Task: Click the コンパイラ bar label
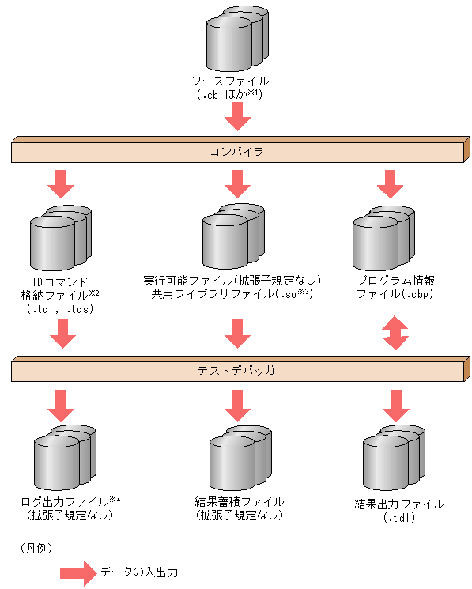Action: tap(236, 149)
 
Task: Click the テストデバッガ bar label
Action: tap(236, 368)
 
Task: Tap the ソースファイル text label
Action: tap(230, 81)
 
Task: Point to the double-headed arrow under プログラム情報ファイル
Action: tap(395, 333)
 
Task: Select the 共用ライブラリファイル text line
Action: tap(233, 294)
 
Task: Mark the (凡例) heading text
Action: tap(34, 547)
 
